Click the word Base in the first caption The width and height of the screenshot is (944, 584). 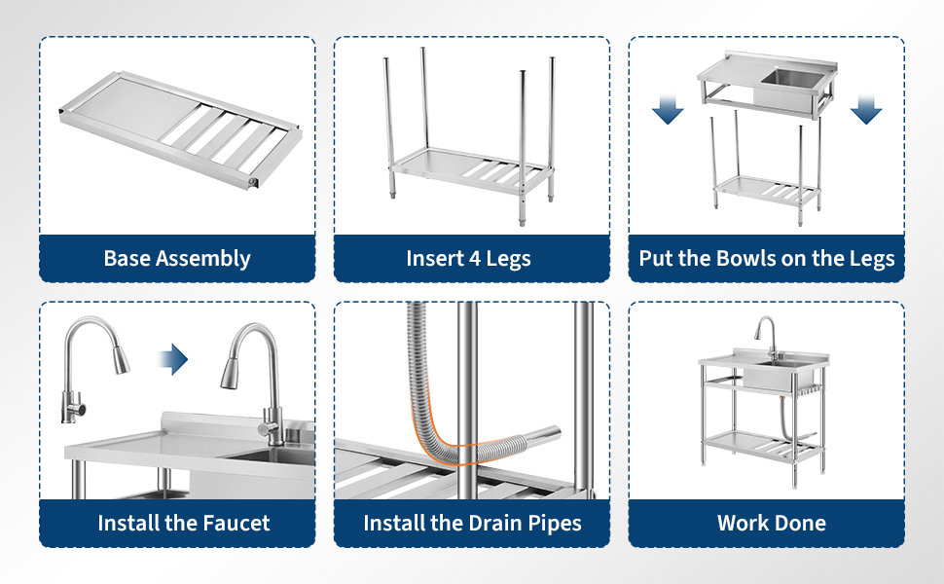click(127, 258)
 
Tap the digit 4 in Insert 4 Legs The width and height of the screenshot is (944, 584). click(474, 259)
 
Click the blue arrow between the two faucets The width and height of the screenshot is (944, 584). click(173, 359)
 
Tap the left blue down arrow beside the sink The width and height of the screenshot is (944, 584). click(668, 109)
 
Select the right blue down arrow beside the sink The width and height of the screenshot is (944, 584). click(866, 109)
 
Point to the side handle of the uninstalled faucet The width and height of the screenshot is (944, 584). click(78, 409)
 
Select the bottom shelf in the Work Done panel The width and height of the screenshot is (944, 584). click(762, 446)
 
